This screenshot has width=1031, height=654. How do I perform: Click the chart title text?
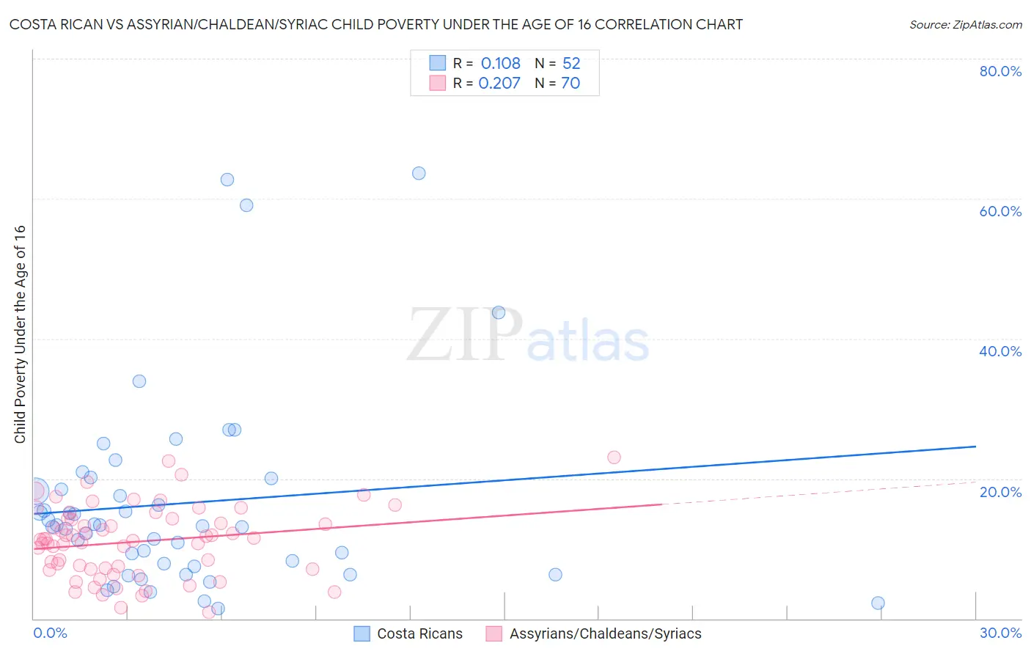pos(375,24)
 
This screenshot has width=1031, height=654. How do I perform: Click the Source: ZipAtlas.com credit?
pos(965,24)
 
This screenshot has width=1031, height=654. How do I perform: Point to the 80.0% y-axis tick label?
pos(1000,71)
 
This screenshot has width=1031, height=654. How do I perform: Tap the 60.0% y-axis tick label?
pos(1000,211)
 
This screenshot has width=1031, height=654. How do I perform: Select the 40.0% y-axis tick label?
pos(1000,351)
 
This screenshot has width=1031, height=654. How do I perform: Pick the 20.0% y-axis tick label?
pos(1000,492)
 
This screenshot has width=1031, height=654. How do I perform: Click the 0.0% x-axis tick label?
pos(50,633)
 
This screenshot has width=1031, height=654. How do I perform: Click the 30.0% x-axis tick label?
pos(1000,633)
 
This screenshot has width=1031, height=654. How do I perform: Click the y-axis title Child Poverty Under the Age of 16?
pos(20,334)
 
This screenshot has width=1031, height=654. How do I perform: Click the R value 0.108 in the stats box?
pos(501,63)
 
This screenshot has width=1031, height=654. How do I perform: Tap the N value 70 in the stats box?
pos(570,83)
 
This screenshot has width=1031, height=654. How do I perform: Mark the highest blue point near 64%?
pos(419,173)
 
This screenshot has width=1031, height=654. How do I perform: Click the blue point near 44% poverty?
pos(499,312)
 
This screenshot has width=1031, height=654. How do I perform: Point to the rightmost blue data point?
pos(878,603)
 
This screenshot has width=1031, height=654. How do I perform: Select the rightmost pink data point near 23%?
pos(614,457)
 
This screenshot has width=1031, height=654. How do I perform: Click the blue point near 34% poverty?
pos(139,381)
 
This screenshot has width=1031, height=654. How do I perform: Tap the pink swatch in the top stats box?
pos(438,83)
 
